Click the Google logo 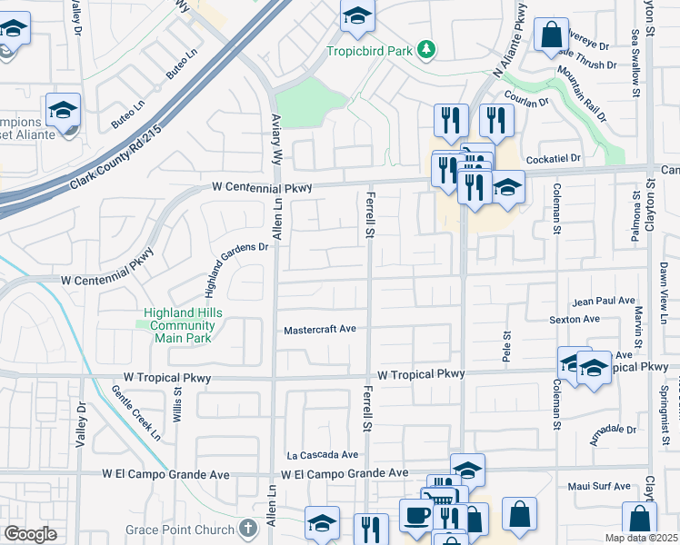(30, 533)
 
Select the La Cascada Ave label (322, 454)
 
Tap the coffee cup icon (418, 515)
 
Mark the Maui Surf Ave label (598, 486)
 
